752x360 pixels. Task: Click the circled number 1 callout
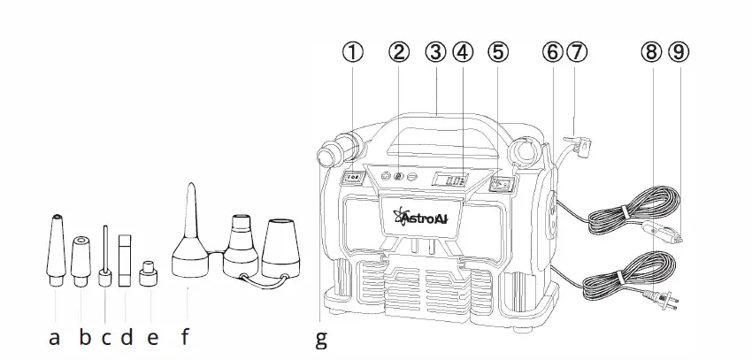(x=353, y=51)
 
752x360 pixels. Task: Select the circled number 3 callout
(x=434, y=51)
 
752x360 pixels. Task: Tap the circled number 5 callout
(x=498, y=51)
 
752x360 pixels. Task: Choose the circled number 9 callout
(x=678, y=51)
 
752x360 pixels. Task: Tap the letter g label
(x=321, y=339)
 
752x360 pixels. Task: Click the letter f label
(x=186, y=336)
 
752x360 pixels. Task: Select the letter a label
(x=55, y=336)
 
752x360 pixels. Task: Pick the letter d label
(x=127, y=336)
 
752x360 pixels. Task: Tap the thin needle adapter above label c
(x=104, y=257)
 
